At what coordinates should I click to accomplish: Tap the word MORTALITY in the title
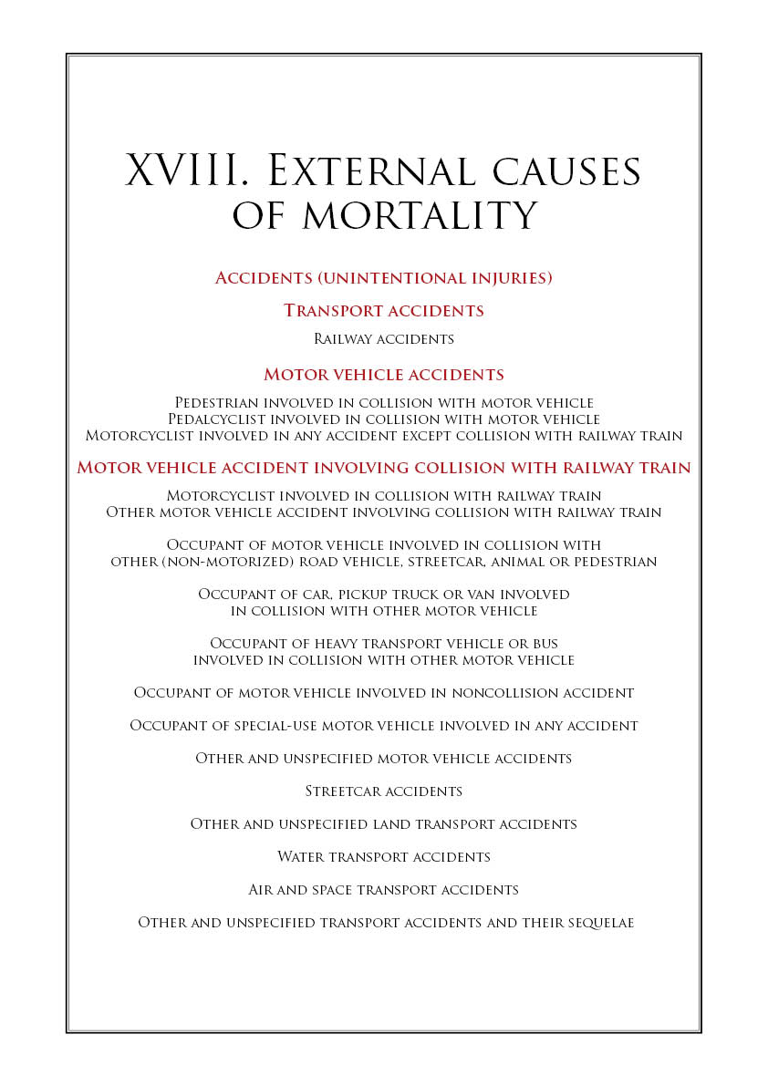pyautogui.click(x=420, y=216)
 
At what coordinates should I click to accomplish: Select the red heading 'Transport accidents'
pyautogui.click(x=384, y=310)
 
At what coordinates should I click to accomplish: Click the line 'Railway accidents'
pyautogui.click(x=384, y=339)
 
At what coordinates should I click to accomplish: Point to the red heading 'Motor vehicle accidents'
pyautogui.click(x=384, y=375)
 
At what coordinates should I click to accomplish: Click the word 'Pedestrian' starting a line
pyautogui.click(x=216, y=402)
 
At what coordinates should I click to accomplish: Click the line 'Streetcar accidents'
pyautogui.click(x=384, y=791)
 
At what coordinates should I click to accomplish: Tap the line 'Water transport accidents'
pyautogui.click(x=384, y=857)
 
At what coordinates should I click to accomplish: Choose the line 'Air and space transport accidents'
pyautogui.click(x=384, y=890)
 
